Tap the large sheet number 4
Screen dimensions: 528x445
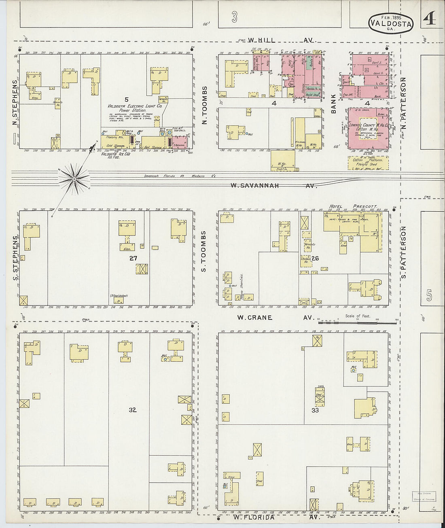[430, 19]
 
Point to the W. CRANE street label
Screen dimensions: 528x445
[254, 318]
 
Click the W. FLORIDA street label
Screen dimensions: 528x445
[254, 517]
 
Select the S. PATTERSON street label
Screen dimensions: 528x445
[403, 252]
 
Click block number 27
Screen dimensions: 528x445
[133, 258]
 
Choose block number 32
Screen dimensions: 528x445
[133, 410]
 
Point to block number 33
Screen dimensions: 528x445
[315, 410]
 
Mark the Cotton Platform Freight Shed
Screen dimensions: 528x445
[368, 162]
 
